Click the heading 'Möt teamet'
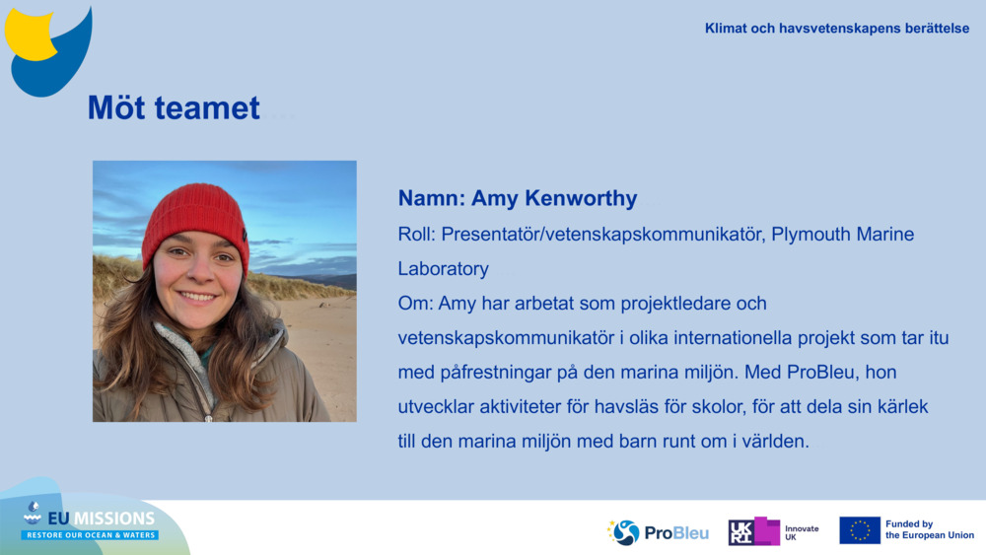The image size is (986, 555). [x=174, y=108]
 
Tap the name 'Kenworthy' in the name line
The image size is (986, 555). [x=581, y=198]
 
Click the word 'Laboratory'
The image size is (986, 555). [x=444, y=269]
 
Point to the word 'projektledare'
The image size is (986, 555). [x=675, y=304]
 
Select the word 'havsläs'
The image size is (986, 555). [x=626, y=407]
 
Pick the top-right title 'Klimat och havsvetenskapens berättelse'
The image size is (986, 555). [x=837, y=29]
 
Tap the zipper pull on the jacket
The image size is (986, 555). [x=208, y=417]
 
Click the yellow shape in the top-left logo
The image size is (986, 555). [x=30, y=35]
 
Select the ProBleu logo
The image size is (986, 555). [x=658, y=533]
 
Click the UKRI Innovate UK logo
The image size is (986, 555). [x=773, y=531]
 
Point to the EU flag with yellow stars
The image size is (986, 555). [x=860, y=530]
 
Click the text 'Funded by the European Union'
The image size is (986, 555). [x=930, y=529]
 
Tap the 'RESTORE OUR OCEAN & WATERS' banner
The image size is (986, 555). [x=90, y=535]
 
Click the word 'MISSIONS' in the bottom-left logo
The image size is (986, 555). [x=113, y=519]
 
